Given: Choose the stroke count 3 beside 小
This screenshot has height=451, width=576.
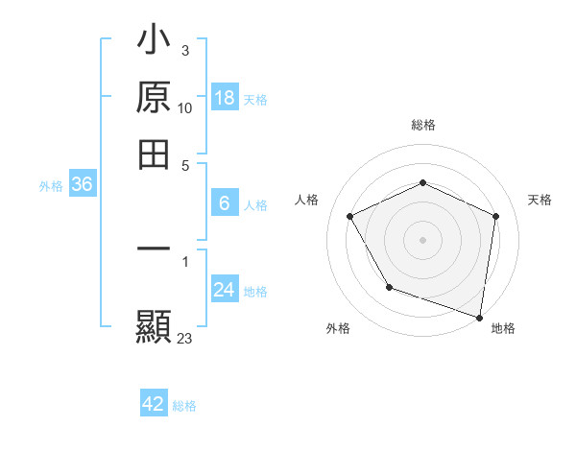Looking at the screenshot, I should tap(184, 51).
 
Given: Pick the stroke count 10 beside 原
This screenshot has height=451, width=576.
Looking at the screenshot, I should tap(185, 108).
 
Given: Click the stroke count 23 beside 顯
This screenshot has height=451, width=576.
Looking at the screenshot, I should tap(185, 338).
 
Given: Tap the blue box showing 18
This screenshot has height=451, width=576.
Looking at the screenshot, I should tap(224, 98).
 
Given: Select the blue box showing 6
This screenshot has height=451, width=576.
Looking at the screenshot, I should tap(224, 203).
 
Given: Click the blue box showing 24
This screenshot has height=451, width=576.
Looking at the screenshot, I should tap(224, 290).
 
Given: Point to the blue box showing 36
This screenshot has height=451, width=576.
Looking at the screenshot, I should tap(82, 185).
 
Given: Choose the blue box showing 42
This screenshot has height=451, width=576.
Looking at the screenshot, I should tap(154, 404).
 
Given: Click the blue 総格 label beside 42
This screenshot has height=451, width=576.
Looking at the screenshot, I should tap(184, 406).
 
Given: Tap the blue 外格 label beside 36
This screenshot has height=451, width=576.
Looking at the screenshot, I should tap(51, 187).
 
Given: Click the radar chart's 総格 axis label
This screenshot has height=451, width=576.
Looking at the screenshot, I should tap(422, 125).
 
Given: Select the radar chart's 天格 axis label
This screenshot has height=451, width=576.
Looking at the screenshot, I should tap(540, 200).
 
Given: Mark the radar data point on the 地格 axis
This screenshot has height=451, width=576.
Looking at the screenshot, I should tap(480, 317).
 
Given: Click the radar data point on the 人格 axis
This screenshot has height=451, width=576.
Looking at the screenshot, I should tap(350, 216).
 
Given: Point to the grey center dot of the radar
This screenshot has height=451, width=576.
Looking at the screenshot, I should tap(422, 239).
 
